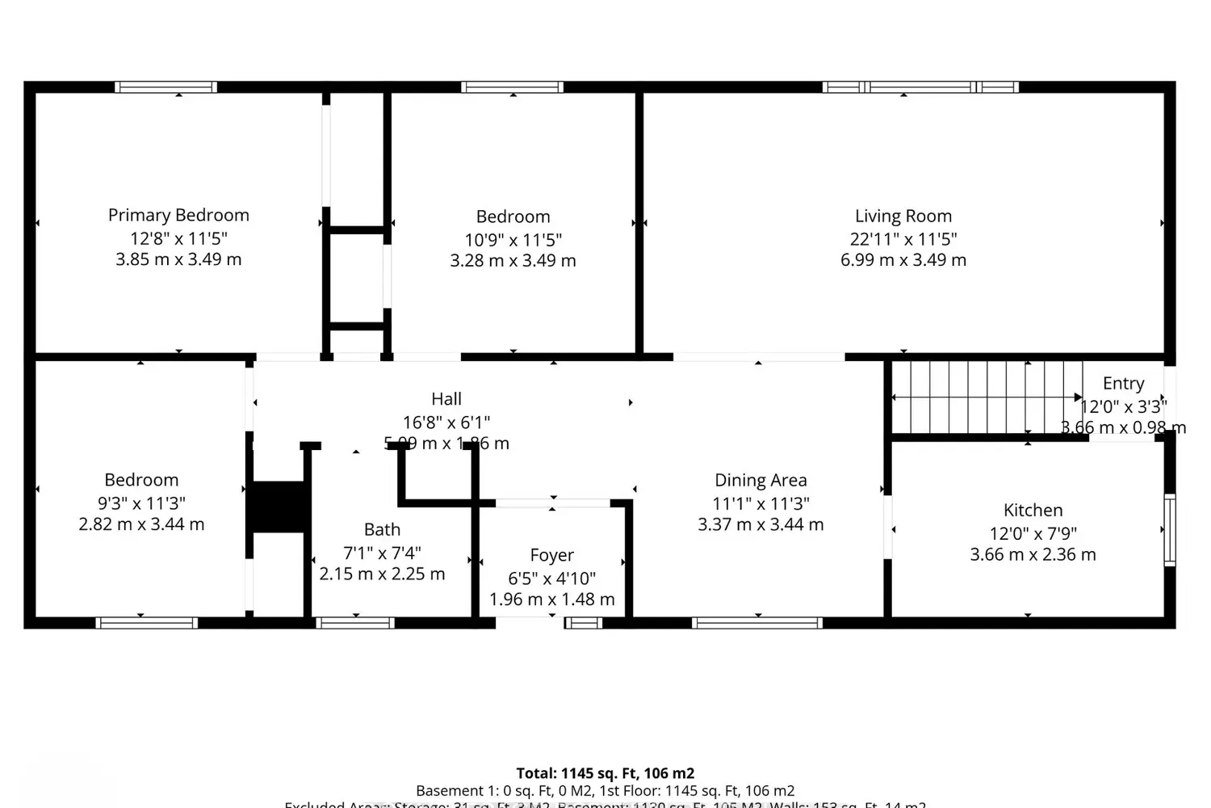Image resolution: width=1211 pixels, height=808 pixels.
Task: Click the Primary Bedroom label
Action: click(178, 215)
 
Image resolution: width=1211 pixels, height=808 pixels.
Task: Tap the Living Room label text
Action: click(903, 216)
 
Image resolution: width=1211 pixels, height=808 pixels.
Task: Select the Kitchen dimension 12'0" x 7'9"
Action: click(1033, 533)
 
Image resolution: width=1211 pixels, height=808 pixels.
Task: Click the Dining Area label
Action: click(761, 480)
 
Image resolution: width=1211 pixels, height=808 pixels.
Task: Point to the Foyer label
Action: click(551, 555)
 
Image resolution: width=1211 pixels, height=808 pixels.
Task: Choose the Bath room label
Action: click(382, 529)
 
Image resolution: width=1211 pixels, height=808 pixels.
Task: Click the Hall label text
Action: click(446, 398)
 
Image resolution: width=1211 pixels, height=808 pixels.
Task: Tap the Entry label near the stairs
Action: click(1123, 383)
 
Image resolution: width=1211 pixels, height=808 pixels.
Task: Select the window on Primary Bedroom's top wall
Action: click(166, 87)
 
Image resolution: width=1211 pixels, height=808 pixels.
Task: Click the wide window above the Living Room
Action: click(920, 87)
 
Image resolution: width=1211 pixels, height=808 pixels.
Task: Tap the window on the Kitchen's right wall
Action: click(1169, 529)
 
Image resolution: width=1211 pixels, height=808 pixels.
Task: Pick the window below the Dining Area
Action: click(757, 622)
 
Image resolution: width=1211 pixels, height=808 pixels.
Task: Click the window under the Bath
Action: click(354, 622)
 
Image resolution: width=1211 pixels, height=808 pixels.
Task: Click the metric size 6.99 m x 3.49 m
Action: click(903, 260)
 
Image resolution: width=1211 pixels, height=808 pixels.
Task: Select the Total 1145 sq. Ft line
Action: click(605, 773)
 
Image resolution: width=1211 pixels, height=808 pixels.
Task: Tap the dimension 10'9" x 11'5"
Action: click(513, 240)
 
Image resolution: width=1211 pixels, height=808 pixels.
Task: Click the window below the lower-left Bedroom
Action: click(146, 622)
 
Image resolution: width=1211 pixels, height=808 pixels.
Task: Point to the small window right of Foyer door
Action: click(583, 622)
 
